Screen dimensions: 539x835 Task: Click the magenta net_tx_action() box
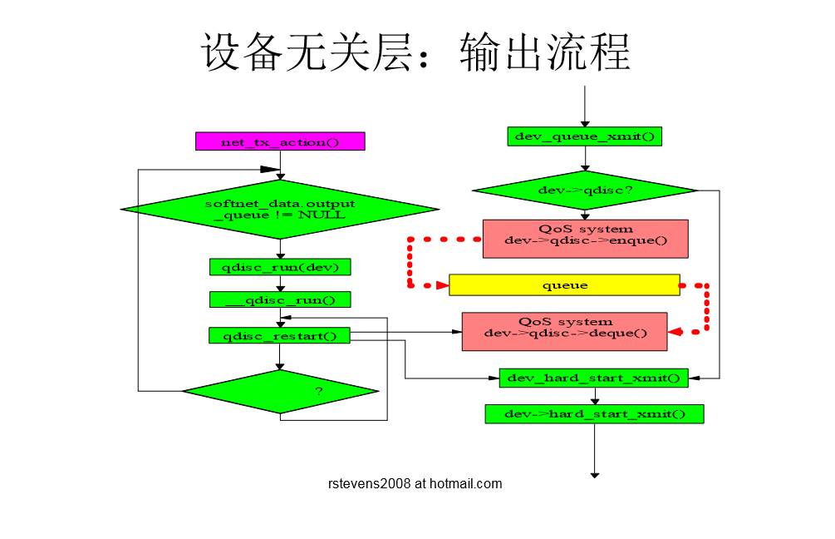(x=280, y=141)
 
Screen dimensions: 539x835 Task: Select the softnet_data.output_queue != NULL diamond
(x=280, y=209)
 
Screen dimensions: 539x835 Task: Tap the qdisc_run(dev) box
(x=280, y=267)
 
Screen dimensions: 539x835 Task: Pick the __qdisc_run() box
(x=280, y=299)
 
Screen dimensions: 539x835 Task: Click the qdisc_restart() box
(x=280, y=335)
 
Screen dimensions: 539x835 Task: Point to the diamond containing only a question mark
(x=280, y=391)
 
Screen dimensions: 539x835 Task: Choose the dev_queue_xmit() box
(x=584, y=136)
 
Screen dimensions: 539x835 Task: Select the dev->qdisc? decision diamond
(x=584, y=190)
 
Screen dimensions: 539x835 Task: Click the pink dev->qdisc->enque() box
(x=585, y=239)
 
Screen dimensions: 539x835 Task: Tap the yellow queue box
(x=564, y=285)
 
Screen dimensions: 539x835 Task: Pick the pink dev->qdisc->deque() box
(x=564, y=331)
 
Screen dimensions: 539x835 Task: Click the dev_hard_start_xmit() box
(x=593, y=378)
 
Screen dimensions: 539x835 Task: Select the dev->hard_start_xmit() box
(x=594, y=413)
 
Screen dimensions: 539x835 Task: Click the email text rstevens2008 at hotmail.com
(x=415, y=483)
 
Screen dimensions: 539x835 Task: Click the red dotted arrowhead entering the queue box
(x=442, y=285)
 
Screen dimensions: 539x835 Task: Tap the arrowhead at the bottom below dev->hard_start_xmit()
(x=595, y=474)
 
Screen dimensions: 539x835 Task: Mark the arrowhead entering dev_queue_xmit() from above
(x=585, y=124)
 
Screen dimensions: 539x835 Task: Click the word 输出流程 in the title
(x=544, y=52)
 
